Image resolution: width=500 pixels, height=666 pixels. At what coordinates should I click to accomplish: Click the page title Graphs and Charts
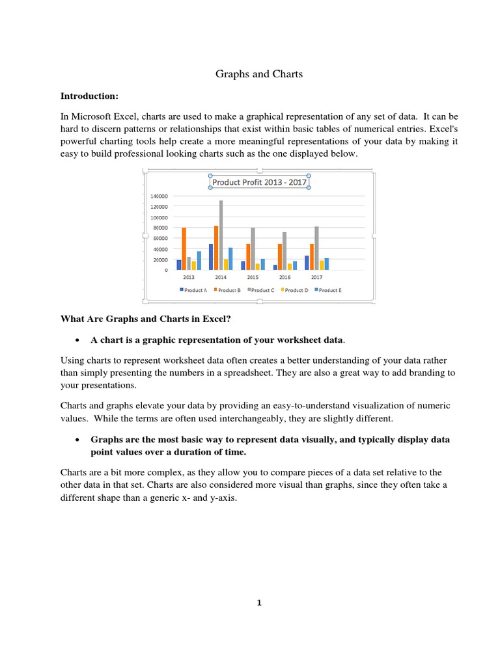(x=259, y=74)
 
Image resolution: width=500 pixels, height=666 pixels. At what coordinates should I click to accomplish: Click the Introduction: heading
(x=89, y=96)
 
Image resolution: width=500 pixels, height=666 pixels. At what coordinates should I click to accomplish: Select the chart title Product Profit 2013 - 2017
(x=259, y=183)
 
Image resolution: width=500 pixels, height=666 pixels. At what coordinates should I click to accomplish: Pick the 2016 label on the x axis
(x=285, y=277)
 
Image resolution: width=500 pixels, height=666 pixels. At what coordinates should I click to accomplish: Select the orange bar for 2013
(x=184, y=248)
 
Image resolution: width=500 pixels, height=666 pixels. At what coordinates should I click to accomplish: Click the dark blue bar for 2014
(x=211, y=257)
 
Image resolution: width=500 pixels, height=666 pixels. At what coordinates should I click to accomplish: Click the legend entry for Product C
(x=262, y=290)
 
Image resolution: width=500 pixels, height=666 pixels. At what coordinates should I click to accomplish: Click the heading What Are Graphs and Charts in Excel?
(x=146, y=319)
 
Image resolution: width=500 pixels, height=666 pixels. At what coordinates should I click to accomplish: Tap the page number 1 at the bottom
(x=258, y=602)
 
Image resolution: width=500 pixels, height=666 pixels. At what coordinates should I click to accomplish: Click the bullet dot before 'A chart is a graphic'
(x=77, y=340)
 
